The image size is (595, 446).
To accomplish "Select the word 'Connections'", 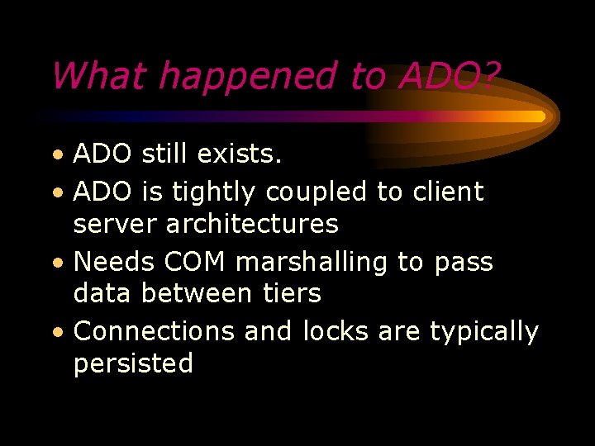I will coord(155,331).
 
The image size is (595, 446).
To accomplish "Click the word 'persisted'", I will coord(133,363).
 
